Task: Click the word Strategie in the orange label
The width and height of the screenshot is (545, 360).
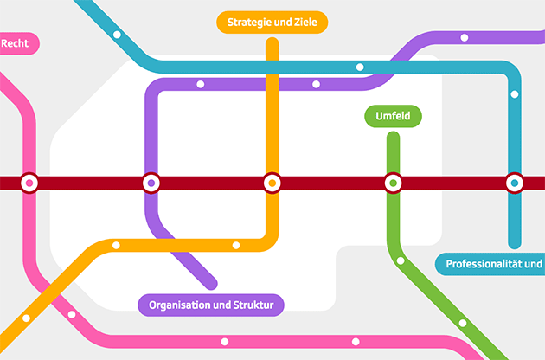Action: coord(250,22)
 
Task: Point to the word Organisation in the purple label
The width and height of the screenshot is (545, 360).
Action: coord(183,305)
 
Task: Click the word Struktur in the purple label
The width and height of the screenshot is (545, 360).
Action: coord(253,305)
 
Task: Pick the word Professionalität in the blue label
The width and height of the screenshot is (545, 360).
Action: coord(485,264)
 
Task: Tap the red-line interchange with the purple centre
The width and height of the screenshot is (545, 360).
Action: coord(151,183)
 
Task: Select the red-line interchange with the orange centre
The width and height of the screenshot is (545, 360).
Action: coord(272,183)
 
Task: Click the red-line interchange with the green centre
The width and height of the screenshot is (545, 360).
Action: coord(393,183)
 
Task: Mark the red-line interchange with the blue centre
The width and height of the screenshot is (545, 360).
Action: coord(515,183)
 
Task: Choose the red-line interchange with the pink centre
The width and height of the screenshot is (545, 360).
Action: coord(29,183)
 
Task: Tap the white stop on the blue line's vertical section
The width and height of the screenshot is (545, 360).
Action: coord(515,94)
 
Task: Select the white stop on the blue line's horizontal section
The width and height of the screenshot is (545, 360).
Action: coord(360,67)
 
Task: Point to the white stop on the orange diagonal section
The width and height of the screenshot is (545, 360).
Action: coord(27,318)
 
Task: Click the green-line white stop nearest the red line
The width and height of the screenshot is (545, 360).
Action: coord(401,260)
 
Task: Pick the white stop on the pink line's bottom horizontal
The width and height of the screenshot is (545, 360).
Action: coord(225,341)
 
